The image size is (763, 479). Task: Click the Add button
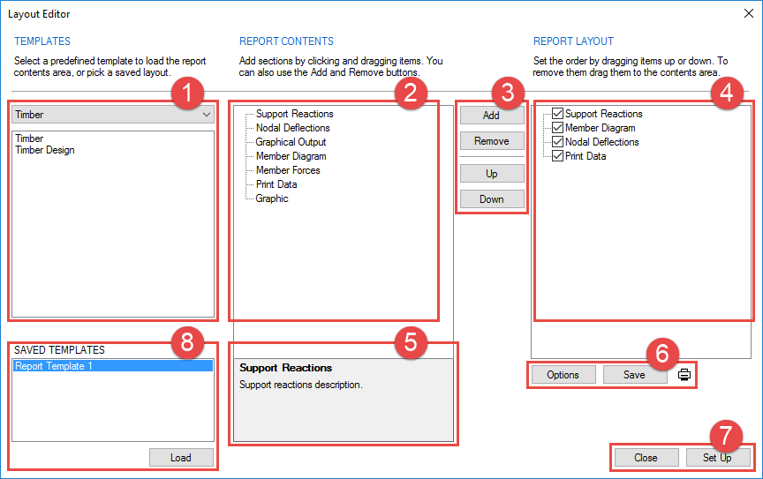coord(491,116)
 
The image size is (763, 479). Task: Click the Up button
coord(491,174)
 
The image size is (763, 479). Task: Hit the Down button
coord(491,199)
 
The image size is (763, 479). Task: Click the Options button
coord(563,375)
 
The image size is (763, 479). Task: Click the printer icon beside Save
coord(684,375)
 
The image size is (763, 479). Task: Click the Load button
coord(180,458)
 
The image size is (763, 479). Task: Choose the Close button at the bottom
coord(646,458)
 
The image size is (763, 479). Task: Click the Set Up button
coord(717,458)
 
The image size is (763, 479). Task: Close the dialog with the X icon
coord(748,14)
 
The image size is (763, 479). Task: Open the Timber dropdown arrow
coord(207,115)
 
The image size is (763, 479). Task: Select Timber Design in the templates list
coord(45,150)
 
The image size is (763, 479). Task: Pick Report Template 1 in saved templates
coord(54,366)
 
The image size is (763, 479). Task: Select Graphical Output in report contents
coord(291,142)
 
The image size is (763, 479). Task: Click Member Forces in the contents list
coord(288,170)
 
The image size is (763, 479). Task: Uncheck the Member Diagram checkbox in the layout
coord(557,128)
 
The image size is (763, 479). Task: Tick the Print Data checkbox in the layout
coord(557,156)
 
